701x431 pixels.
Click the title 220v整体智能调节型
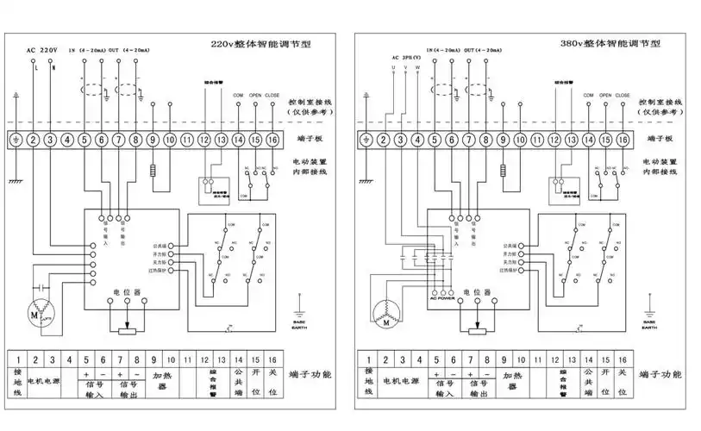[261, 42]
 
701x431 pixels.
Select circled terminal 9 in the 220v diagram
[153, 139]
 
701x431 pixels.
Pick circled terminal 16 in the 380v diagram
[622, 139]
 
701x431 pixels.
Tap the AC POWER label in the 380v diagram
[441, 298]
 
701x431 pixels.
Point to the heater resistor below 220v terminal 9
[153, 171]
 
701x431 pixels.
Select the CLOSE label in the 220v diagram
[272, 95]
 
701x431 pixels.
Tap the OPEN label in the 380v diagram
[604, 95]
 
